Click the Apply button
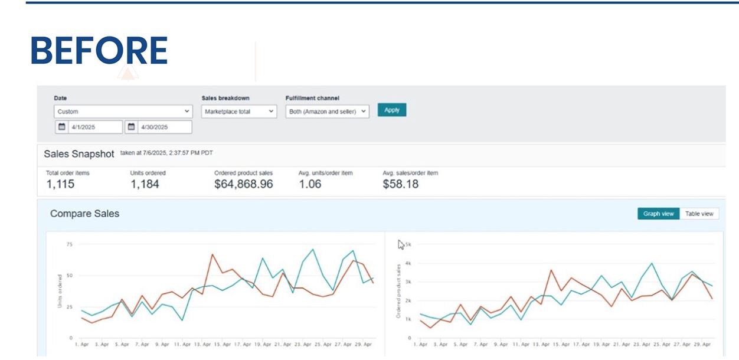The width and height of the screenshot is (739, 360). (x=392, y=110)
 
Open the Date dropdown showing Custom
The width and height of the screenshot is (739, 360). (x=123, y=111)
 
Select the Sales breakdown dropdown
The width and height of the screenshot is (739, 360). (x=239, y=111)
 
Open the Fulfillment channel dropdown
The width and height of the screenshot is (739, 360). (x=327, y=111)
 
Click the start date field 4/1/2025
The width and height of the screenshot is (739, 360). (x=94, y=127)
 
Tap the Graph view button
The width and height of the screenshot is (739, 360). (x=658, y=214)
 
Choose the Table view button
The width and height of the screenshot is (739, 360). (x=699, y=214)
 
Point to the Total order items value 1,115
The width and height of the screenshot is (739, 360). (x=60, y=184)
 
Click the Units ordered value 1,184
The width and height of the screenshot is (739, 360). (x=145, y=184)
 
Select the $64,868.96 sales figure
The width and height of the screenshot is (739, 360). (x=243, y=184)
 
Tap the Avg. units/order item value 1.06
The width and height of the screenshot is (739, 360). (x=310, y=184)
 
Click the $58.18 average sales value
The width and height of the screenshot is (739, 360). (x=400, y=184)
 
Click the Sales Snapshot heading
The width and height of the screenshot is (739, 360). (x=79, y=154)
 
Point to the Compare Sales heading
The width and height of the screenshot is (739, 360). (x=84, y=214)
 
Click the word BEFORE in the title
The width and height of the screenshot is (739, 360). (x=99, y=51)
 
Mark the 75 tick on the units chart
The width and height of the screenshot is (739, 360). (x=69, y=244)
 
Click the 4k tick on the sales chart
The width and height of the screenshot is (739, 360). (x=408, y=263)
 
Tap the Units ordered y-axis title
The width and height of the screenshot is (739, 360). (x=60, y=291)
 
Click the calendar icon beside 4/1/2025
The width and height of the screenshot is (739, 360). (x=61, y=127)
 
